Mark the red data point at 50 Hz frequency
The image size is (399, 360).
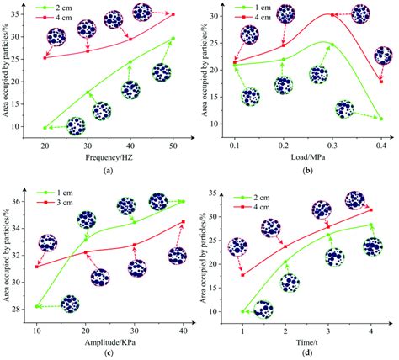coord(173,14)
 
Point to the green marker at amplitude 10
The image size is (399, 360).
coord(37,307)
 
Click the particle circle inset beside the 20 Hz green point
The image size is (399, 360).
coord(76,126)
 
